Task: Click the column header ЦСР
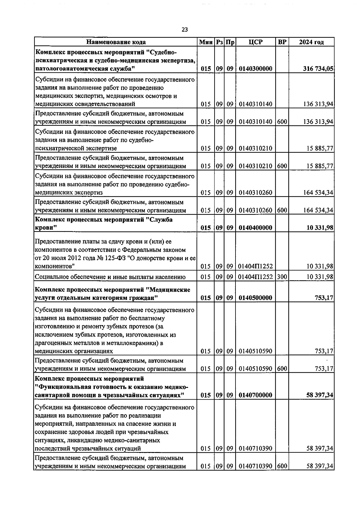256,42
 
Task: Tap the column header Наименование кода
116,42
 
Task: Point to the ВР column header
282,42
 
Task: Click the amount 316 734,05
318,69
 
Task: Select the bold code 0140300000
256,69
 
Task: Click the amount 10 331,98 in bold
319,228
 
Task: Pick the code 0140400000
256,228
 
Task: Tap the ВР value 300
282,277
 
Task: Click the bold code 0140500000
256,298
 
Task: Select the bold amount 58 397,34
319,395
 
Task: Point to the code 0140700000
256,395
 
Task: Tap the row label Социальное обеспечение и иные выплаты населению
110,277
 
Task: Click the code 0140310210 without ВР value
256,148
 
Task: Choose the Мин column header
206,42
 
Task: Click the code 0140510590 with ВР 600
256,368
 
